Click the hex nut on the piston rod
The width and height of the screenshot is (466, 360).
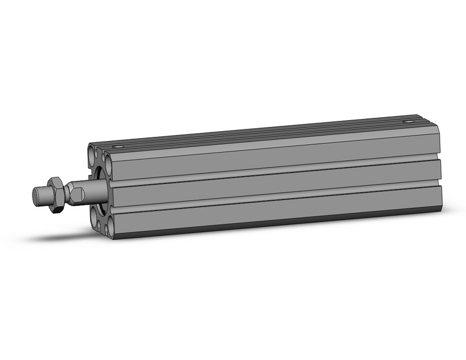(55, 194)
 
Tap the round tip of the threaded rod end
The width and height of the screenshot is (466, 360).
(37, 197)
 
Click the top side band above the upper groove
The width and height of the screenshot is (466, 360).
(270, 153)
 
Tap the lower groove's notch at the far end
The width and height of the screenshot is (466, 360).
(439, 186)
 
